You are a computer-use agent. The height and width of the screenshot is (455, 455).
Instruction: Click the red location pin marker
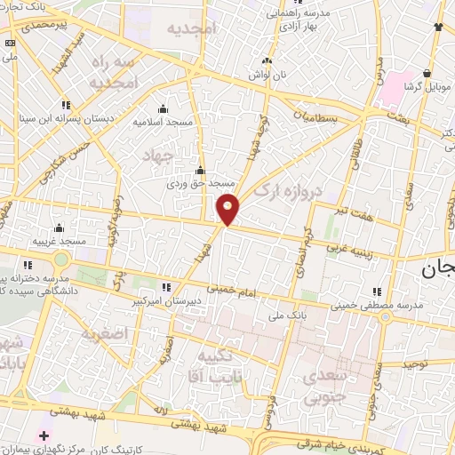[228, 209]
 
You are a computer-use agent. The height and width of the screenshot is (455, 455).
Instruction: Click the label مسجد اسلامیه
[164, 120]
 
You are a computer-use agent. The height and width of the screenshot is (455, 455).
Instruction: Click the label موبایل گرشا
[427, 87]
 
